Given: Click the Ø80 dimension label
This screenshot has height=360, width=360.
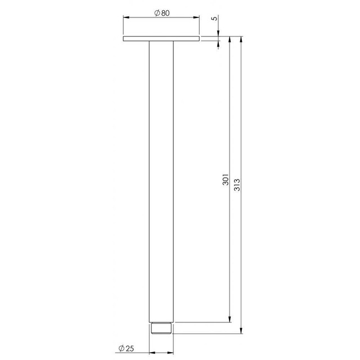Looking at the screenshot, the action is [x=162, y=13].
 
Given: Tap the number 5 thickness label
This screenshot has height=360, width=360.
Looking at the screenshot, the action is [x=214, y=18].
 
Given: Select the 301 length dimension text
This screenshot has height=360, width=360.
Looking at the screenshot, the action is [x=226, y=179].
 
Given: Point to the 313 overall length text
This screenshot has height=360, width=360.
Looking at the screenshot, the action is [x=237, y=185].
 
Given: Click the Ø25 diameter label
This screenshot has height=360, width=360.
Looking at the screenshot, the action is [x=126, y=348].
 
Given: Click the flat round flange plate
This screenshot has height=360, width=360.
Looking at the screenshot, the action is [x=161, y=39].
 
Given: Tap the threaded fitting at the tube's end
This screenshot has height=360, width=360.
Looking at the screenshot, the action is [x=161, y=328].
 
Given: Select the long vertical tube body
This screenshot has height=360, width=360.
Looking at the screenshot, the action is [x=161, y=182].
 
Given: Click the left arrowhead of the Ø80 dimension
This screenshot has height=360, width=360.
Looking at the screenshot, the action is [x=126, y=17].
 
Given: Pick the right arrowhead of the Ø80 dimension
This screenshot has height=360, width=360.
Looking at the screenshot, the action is [x=196, y=17].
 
